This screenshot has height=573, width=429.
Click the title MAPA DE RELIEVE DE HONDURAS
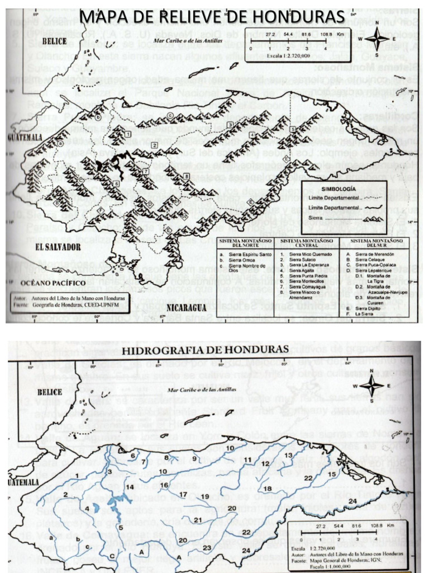pyautogui.click(x=213, y=16)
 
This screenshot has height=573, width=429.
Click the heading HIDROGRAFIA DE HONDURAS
pyautogui.click(x=205, y=350)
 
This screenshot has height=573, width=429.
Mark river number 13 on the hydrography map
pyautogui.click(x=287, y=455)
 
